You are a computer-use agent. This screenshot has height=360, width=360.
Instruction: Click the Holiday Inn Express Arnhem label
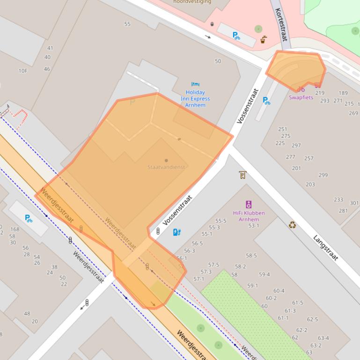coord(195,99)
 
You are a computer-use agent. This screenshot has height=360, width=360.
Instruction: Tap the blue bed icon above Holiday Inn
coord(195,84)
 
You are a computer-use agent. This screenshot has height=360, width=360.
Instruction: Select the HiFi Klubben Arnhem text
coord(249,216)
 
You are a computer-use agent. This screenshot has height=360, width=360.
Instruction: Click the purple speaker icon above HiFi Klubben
coord(249,204)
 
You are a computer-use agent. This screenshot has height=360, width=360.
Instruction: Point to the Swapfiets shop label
coord(301,97)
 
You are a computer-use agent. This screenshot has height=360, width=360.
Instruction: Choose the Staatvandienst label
coord(166,167)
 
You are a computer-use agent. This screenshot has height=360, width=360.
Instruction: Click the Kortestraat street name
coord(281,24)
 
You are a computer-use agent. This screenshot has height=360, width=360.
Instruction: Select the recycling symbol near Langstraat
coord(292,225)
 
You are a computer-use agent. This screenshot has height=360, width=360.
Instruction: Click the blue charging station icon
coord(176,232)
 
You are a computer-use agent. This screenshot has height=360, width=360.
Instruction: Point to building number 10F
coord(23,71)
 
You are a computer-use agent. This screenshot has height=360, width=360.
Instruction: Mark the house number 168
coord(15,229)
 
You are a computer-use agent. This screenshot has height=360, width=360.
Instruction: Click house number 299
coord(323,175)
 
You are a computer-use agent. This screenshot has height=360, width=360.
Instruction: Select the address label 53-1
coord(254,226)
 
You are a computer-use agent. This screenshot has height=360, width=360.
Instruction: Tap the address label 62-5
coord(312,319)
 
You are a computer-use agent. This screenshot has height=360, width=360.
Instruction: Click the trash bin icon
coord(212,24)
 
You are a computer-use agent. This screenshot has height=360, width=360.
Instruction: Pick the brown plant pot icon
coord(264,40)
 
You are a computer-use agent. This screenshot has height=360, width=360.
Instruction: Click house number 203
coord(310,184)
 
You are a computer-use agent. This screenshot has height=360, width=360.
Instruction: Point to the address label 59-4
coord(264,274)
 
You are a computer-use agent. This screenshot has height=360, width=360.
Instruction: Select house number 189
coord(343,93)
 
